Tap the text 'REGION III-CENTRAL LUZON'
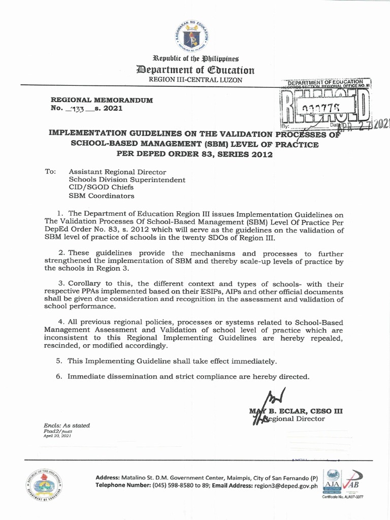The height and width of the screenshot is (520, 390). point(195,80)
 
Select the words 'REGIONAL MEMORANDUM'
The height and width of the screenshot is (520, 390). point(102,100)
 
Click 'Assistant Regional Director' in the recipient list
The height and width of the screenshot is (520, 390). point(117,172)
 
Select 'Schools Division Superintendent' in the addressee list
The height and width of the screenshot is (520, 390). point(127,180)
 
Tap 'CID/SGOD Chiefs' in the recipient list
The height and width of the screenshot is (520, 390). point(99,187)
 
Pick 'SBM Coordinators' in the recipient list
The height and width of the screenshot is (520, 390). point(102,196)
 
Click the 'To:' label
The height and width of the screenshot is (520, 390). point(50,172)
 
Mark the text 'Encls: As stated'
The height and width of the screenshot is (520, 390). point(67,426)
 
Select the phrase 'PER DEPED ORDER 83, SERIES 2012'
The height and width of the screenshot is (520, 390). point(194,154)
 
